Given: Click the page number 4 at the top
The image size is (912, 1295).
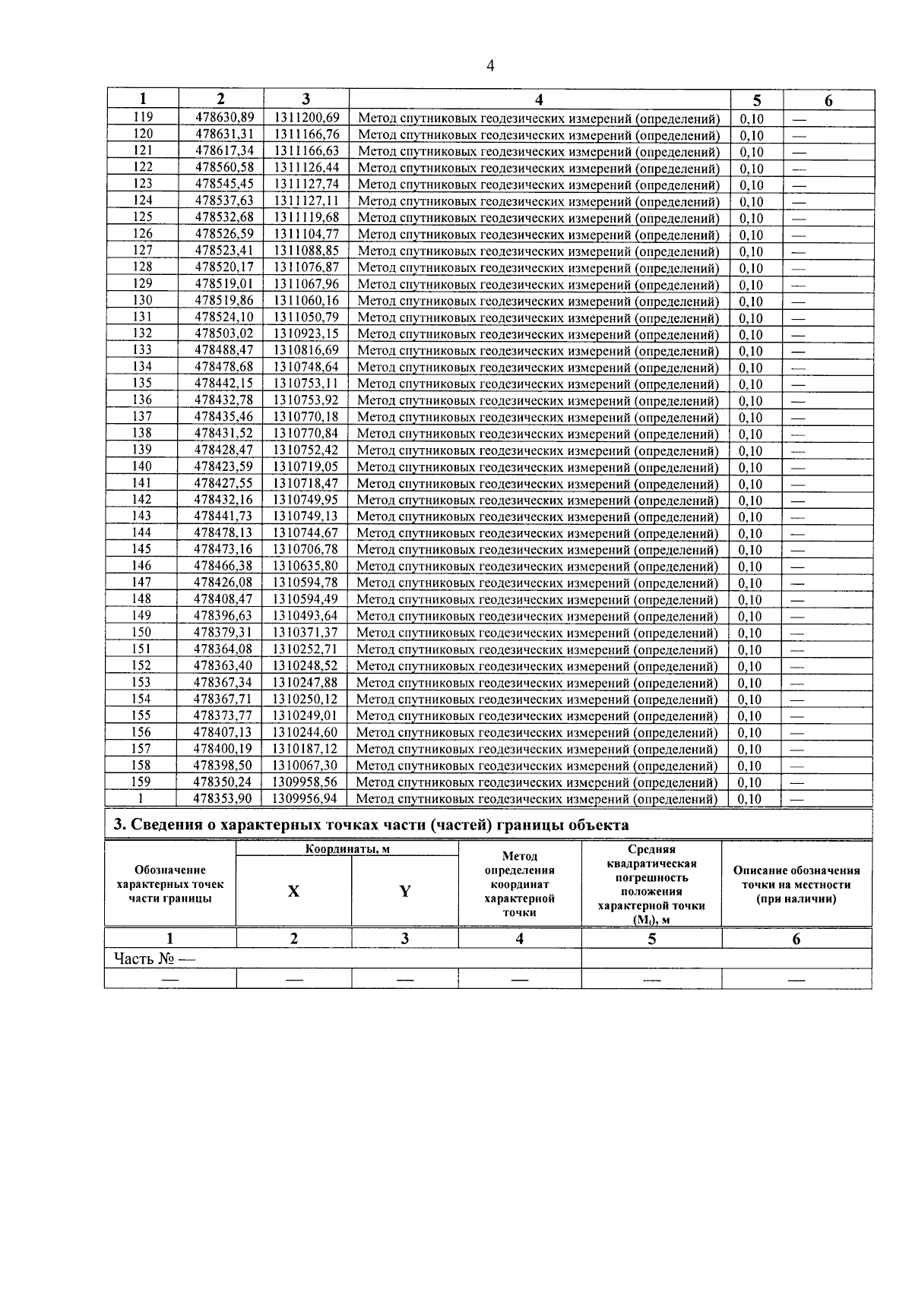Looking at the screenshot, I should pyautogui.click(x=489, y=66).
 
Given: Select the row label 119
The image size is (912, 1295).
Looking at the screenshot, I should pyautogui.click(x=143, y=117).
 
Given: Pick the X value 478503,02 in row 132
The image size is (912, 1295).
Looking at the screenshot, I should pyautogui.click(x=224, y=333).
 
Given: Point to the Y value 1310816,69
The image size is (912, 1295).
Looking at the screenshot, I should pyautogui.click(x=306, y=350).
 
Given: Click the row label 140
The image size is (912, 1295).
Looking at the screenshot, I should pyautogui.click(x=142, y=466).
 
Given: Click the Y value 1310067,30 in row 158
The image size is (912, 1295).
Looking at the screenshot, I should pyautogui.click(x=305, y=766).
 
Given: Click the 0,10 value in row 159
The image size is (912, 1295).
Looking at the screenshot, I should pyautogui.click(x=751, y=782).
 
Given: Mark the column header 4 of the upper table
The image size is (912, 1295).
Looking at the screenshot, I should pyautogui.click(x=539, y=99).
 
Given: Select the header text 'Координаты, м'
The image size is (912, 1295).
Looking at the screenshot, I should pyautogui.click(x=347, y=849).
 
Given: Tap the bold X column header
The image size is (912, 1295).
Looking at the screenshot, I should pyautogui.click(x=293, y=892).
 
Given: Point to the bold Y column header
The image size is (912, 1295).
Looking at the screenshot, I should pyautogui.click(x=405, y=892).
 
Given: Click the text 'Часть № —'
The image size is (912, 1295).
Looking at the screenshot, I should pyautogui.click(x=154, y=959).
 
